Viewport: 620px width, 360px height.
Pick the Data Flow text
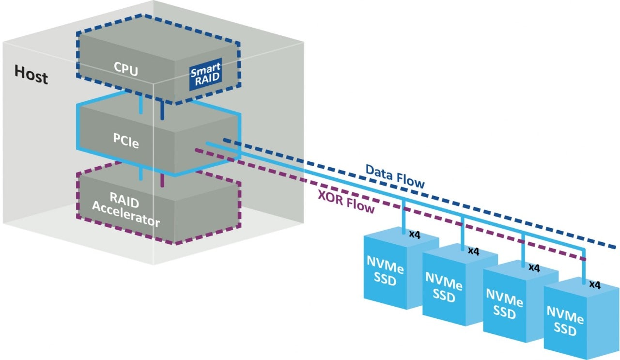click(395, 176)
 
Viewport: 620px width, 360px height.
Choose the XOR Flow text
click(347, 202)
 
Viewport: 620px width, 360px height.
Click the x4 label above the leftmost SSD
click(415, 234)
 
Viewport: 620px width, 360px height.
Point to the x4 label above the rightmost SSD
click(595, 285)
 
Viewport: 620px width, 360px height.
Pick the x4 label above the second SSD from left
click(473, 251)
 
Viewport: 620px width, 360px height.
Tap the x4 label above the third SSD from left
click(534, 267)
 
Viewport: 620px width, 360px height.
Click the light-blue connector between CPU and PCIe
click(141, 105)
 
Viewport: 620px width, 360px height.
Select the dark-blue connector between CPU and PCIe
click(162, 110)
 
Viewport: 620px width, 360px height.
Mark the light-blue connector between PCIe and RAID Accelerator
click(141, 173)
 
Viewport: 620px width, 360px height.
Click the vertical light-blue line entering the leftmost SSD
click(403, 217)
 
